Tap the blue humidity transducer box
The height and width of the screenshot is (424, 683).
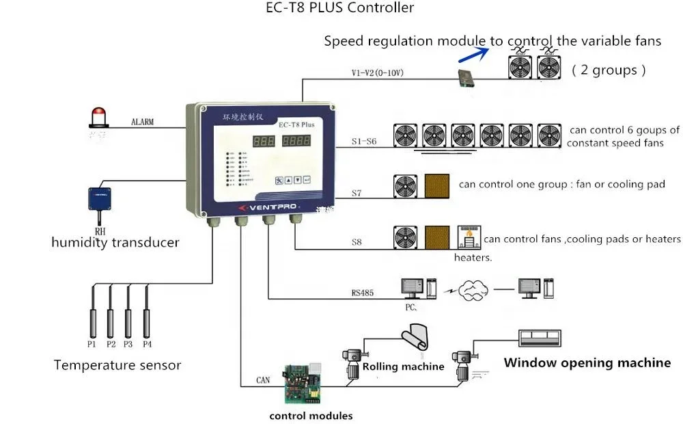(101, 198)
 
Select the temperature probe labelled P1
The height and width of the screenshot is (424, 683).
(92, 311)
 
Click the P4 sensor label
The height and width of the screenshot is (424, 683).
(147, 344)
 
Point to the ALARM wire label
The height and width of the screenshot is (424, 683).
(142, 122)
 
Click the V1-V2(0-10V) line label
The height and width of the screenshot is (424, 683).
(377, 72)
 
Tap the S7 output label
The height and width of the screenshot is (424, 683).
(357, 194)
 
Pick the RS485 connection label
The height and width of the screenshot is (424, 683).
(363, 293)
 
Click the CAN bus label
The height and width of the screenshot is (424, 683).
(263, 380)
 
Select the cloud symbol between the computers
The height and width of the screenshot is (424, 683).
(473, 291)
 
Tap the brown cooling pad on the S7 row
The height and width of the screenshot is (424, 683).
(437, 186)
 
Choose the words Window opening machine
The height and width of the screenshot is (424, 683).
(587, 363)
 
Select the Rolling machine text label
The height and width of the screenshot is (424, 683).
(403, 367)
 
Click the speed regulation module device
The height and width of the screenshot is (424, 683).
(469, 77)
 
